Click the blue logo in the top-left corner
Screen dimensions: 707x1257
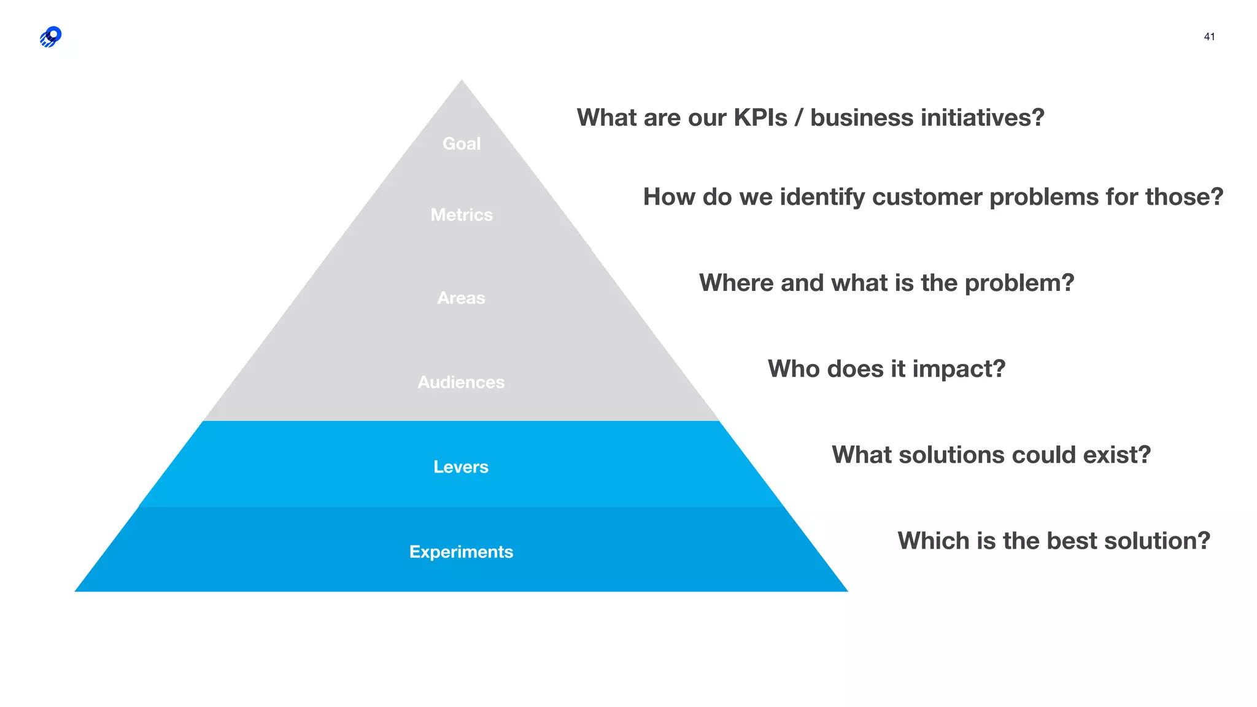pyautogui.click(x=51, y=37)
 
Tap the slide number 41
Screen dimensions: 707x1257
pyautogui.click(x=1209, y=37)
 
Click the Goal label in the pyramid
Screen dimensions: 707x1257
pyautogui.click(x=462, y=144)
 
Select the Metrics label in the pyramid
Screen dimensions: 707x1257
pyautogui.click(x=462, y=215)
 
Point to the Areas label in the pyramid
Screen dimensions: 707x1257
pyautogui.click(x=461, y=298)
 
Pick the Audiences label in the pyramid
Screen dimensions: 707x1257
pyautogui.click(x=461, y=382)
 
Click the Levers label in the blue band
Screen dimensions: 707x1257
pyautogui.click(x=461, y=467)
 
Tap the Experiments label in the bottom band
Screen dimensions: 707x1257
pyautogui.click(x=461, y=552)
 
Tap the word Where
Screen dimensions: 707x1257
pyautogui.click(x=736, y=283)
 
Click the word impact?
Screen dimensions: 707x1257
pyautogui.click(x=959, y=369)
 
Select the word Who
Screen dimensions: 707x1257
pyautogui.click(x=793, y=369)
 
